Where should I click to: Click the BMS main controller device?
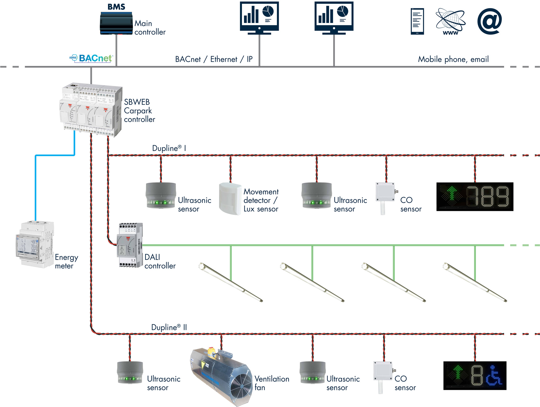pos(116,23)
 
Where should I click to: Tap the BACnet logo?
pos(92,58)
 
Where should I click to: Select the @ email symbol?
pos(490,21)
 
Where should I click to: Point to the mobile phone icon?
pos(417,21)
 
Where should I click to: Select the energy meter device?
pos(35,244)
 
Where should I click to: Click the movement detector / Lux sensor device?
pos(230,199)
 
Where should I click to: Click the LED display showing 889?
pos(475,196)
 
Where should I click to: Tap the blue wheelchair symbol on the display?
pos(493,376)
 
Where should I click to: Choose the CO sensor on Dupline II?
pos(383,376)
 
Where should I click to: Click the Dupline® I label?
pos(169,148)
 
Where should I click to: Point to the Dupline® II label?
pos(169,327)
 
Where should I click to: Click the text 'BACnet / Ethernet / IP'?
pos(214,59)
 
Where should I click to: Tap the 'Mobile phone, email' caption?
pos(453,59)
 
